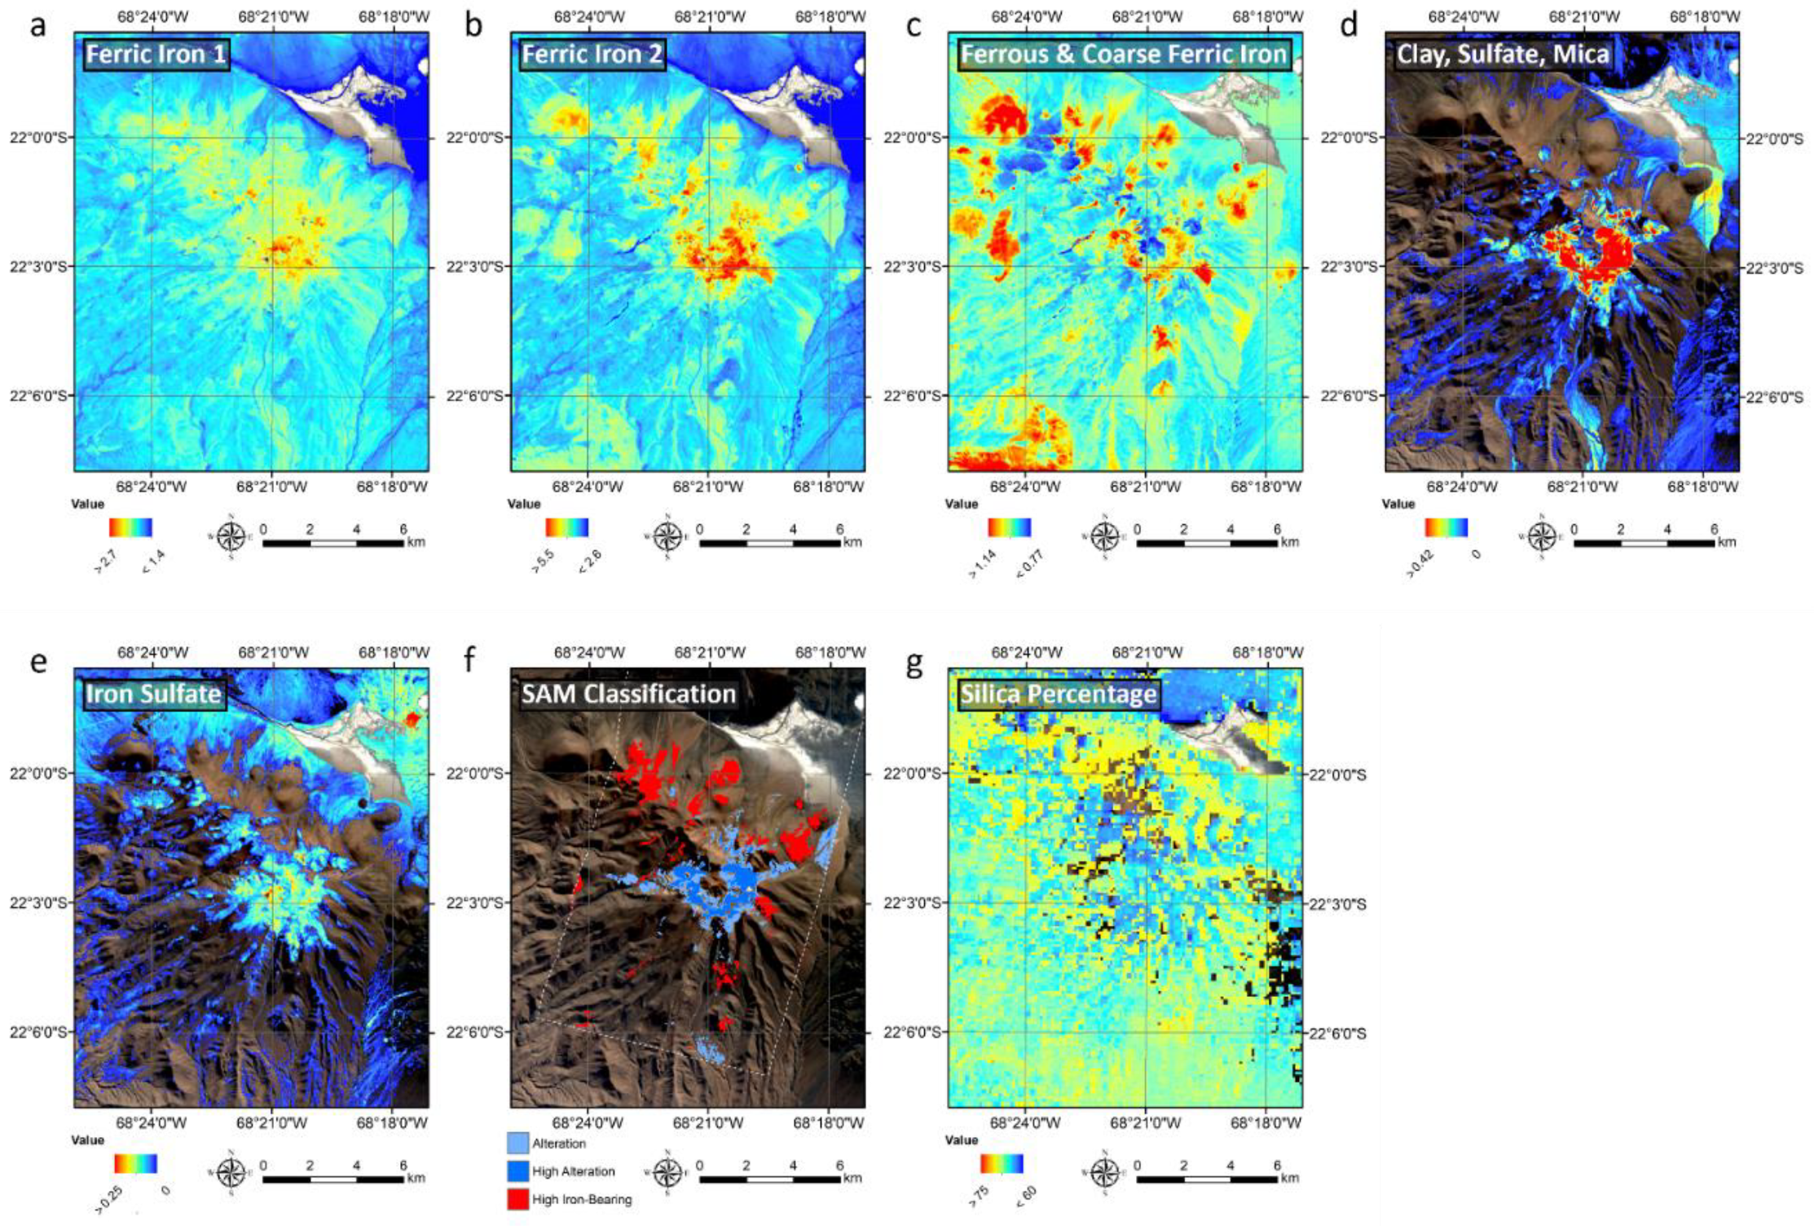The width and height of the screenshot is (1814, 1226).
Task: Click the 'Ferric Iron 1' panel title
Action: tap(156, 55)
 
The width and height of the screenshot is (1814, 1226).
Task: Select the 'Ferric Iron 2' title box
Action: tap(592, 55)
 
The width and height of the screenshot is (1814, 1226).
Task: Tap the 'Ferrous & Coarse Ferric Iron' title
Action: tap(1124, 55)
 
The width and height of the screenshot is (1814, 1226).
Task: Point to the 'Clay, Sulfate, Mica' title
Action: tap(1503, 55)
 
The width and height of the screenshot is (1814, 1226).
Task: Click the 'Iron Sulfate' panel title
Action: tap(154, 694)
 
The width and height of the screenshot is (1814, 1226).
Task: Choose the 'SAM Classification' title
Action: tap(628, 694)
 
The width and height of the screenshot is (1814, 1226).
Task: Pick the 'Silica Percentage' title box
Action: tap(1059, 694)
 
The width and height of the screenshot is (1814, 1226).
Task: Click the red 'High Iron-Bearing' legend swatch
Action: tap(517, 1199)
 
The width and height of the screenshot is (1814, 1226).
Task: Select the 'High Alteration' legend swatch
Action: tap(517, 1171)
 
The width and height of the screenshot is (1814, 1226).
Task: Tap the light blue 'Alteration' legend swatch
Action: tap(517, 1143)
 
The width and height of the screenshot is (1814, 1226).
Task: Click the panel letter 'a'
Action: tap(37, 26)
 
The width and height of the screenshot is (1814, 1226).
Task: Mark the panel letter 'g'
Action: tap(914, 662)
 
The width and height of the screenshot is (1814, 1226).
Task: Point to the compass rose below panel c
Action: tap(1104, 536)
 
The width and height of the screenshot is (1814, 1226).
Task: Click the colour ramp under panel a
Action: tap(130, 527)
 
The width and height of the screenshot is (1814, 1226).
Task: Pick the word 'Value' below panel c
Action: tap(961, 504)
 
